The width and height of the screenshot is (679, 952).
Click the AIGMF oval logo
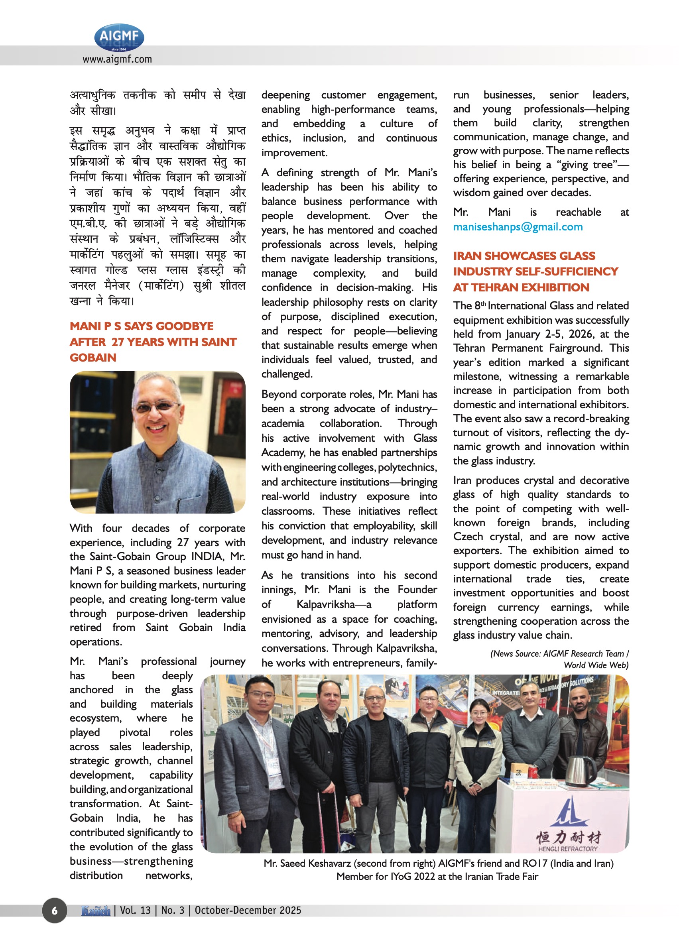click(119, 37)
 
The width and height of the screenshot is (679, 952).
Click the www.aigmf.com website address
click(117, 59)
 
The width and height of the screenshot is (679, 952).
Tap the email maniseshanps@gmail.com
click(518, 227)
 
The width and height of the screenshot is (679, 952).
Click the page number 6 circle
click(54, 910)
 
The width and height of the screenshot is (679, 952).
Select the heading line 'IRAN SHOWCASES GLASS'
click(524, 256)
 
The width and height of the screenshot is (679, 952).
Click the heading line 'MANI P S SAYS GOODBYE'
click(141, 326)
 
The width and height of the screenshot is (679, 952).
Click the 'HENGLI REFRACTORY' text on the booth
click(568, 849)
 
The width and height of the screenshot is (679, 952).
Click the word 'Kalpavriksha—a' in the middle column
click(334, 604)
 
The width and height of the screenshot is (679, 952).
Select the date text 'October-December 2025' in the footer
click(248, 910)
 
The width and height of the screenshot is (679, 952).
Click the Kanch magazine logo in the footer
click(96, 910)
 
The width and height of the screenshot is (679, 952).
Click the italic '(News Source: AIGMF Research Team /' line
click(559, 653)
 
